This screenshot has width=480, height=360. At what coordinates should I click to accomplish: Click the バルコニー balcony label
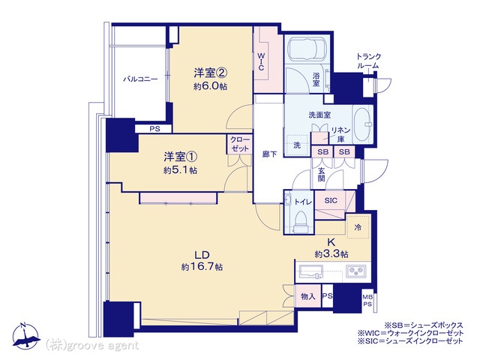[x=140, y=79]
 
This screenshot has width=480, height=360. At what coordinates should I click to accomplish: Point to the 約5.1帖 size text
[x=180, y=170]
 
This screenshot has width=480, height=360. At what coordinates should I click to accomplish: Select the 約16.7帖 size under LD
[x=202, y=267]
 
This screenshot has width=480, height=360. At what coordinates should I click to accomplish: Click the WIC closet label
[x=261, y=61]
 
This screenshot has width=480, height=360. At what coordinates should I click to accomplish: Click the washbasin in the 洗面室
[x=363, y=124]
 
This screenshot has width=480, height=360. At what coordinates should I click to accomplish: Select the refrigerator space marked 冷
[x=358, y=227]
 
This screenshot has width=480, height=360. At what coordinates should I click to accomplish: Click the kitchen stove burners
[x=355, y=271]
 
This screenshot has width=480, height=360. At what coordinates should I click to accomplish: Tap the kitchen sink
[x=312, y=271]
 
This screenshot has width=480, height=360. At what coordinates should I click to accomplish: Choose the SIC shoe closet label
[x=331, y=200]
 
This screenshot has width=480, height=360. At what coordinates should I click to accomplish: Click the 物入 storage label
[x=307, y=296]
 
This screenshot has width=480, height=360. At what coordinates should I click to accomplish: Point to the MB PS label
[x=367, y=300]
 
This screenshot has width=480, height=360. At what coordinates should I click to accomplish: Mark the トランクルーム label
[x=368, y=61]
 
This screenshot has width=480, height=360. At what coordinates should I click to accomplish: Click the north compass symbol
[x=26, y=335]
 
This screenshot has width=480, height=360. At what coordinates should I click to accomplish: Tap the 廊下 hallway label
[x=269, y=154]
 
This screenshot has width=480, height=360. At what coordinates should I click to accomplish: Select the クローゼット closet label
[x=240, y=144]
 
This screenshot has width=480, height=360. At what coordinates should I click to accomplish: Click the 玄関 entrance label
[x=321, y=175]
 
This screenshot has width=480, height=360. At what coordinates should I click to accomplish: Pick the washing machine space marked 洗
[x=297, y=145]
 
